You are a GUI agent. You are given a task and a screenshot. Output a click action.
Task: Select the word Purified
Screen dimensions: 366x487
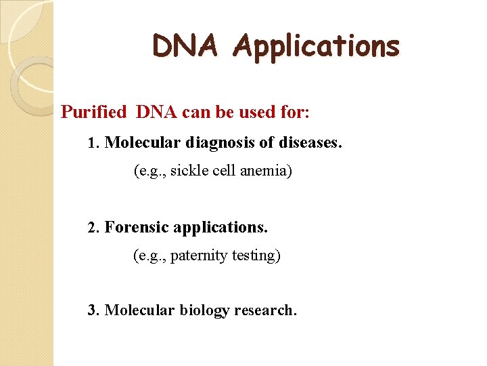[x=93, y=112]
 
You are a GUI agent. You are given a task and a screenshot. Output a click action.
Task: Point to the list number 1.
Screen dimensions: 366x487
[x=94, y=144]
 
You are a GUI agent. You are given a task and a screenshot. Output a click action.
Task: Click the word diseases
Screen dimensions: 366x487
[x=304, y=144]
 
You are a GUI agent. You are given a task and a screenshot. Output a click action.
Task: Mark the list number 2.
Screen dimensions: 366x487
[x=94, y=227]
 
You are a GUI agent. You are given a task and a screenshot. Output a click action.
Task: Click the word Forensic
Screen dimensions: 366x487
[x=137, y=227]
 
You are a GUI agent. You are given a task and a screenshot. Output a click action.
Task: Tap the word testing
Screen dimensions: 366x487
[x=256, y=256]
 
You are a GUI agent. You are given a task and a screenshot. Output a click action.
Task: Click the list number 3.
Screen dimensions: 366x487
[x=94, y=310]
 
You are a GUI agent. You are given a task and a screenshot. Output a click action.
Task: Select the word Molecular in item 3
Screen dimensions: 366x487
[x=140, y=310]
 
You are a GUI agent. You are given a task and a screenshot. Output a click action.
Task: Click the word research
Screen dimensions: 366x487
[x=265, y=310]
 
